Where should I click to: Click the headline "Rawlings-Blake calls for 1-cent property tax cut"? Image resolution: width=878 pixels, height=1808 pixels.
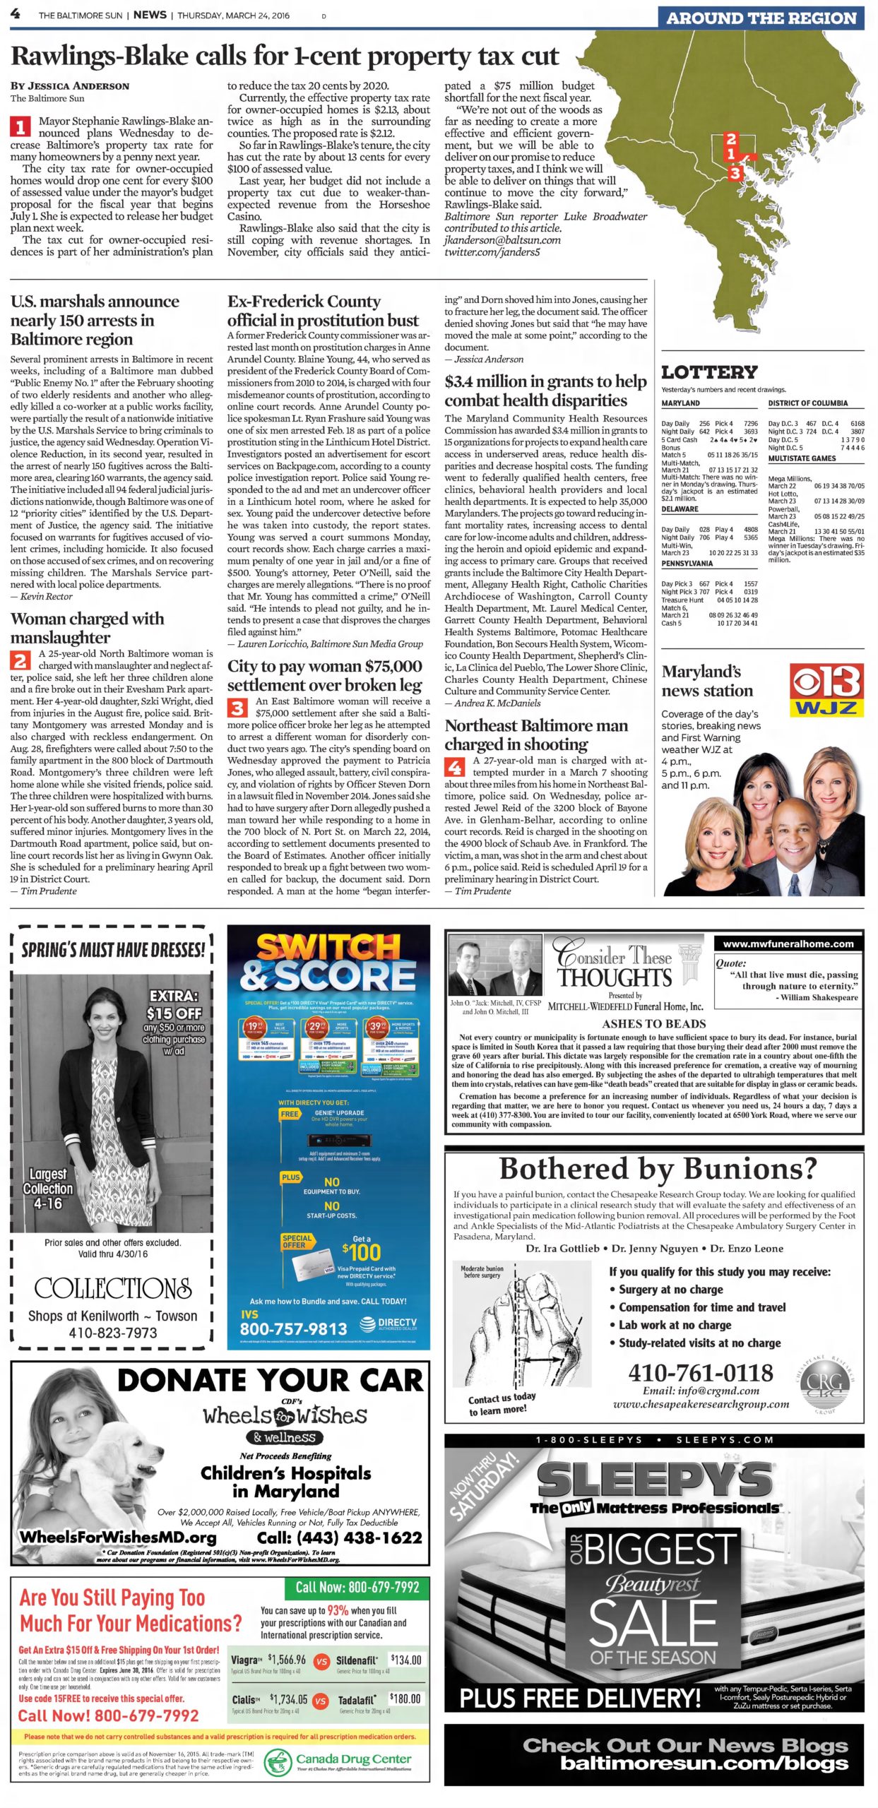tap(285, 56)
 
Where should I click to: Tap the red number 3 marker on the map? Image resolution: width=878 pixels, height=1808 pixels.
tap(735, 173)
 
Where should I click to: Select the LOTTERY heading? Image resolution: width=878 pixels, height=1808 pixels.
tap(708, 372)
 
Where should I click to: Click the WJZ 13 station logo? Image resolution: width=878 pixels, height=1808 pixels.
tap(826, 690)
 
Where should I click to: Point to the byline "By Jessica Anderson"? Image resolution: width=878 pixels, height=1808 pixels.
tap(70, 86)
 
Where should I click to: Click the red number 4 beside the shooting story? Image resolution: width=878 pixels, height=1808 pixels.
tap(454, 767)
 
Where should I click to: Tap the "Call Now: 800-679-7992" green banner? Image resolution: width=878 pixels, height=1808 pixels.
tap(357, 1588)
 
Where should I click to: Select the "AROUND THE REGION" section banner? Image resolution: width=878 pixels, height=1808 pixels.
tap(761, 18)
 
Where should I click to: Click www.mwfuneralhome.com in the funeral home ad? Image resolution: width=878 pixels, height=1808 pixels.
tap(788, 944)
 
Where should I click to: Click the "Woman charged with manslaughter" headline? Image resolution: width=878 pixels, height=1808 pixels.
tap(87, 628)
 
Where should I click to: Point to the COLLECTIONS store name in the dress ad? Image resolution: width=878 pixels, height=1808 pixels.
tap(113, 1288)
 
